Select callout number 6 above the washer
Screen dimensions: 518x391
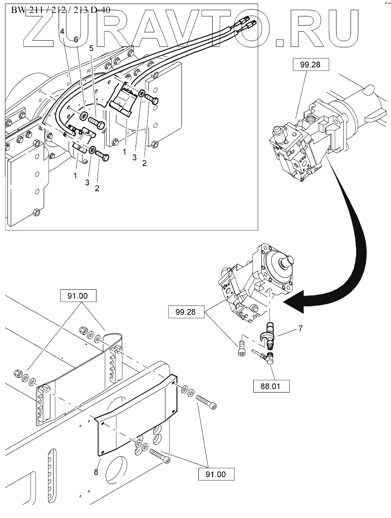[x=76, y=40]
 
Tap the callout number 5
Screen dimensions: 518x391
[x=91, y=48]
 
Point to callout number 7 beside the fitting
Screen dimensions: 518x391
[x=300, y=329]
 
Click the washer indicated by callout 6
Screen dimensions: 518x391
[x=83, y=117]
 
